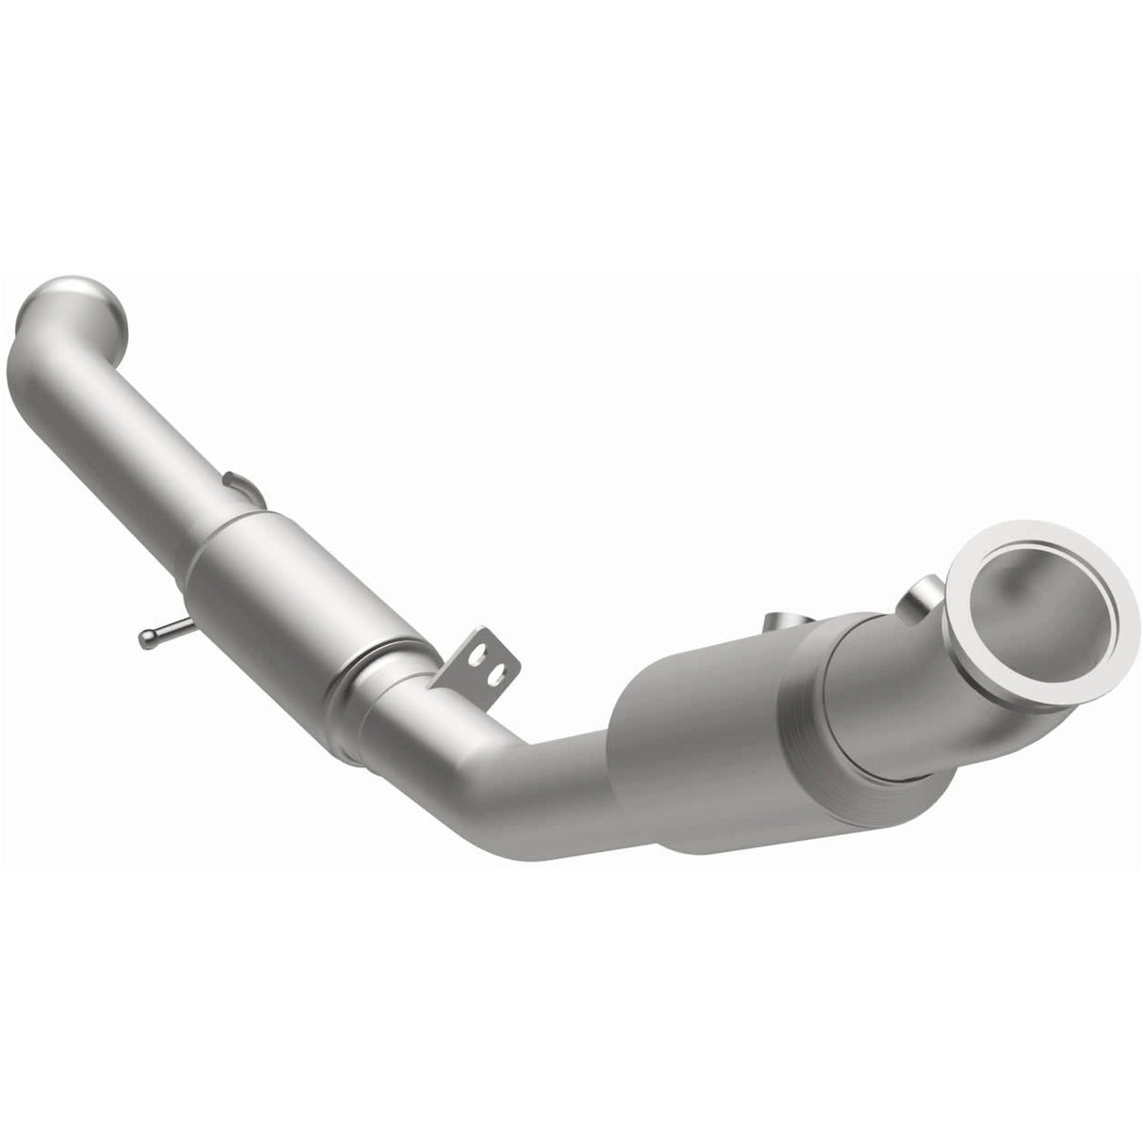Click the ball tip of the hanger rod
(x=146, y=639)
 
